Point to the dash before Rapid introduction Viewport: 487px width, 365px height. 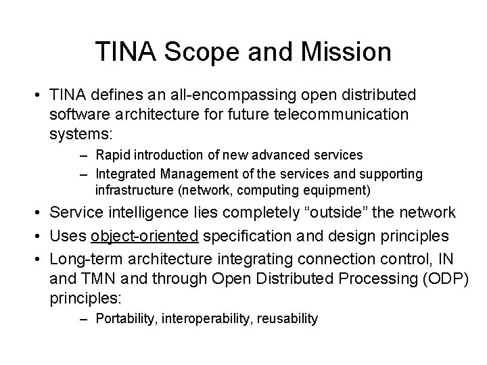pyautogui.click(x=86, y=155)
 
